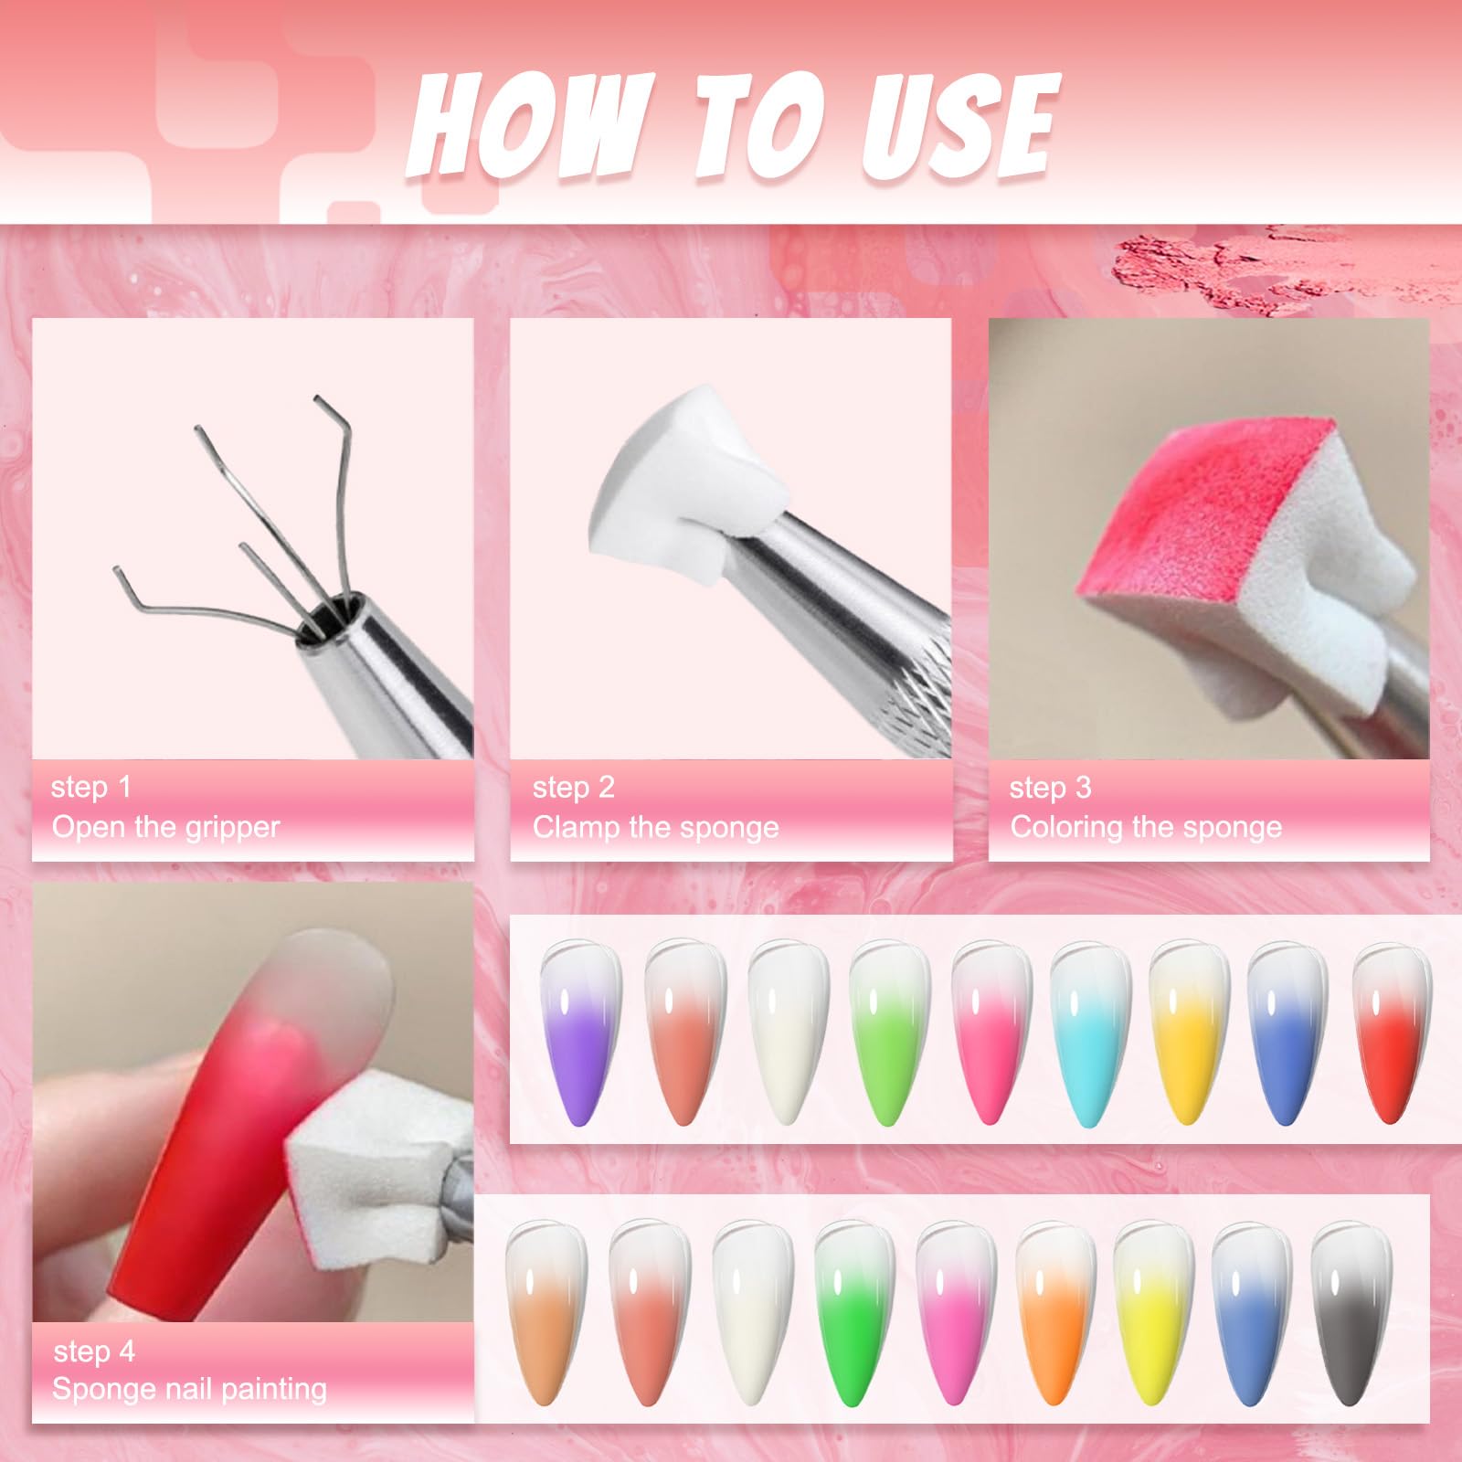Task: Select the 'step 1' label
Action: (x=91, y=787)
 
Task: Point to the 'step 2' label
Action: (x=573, y=787)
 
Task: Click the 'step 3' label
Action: (x=1050, y=787)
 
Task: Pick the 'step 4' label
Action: (x=94, y=1351)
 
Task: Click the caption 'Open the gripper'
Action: (x=165, y=827)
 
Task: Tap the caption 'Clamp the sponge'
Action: (x=655, y=827)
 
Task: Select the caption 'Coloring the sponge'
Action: (x=1146, y=827)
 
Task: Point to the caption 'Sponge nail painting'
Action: (x=189, y=1389)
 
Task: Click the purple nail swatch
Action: (x=579, y=1033)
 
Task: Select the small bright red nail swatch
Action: (x=1391, y=1033)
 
